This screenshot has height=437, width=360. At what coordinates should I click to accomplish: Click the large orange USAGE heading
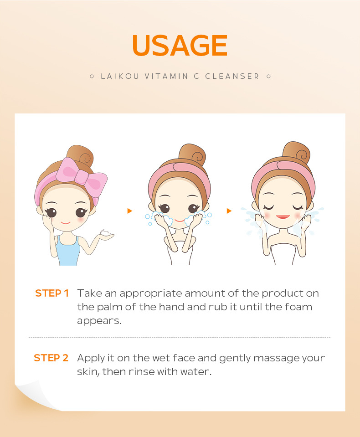click(180, 46)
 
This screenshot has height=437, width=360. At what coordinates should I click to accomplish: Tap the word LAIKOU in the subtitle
click(120, 76)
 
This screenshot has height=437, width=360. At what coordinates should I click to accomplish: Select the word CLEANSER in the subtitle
click(232, 76)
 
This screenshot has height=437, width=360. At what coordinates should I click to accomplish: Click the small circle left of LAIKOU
click(92, 76)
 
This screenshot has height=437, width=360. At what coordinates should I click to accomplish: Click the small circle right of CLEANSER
click(268, 76)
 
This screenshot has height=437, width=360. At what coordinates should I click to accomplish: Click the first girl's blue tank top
click(68, 251)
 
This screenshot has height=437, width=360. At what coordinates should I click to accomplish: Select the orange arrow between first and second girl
click(129, 211)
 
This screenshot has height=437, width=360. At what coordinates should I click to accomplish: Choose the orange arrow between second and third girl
click(229, 211)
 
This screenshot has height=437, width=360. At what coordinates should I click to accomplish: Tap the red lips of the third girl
click(283, 216)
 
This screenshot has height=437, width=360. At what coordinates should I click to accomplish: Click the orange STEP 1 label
click(52, 293)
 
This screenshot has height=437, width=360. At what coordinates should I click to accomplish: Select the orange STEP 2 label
click(51, 358)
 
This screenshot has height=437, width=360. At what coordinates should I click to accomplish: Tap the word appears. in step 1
click(99, 321)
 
